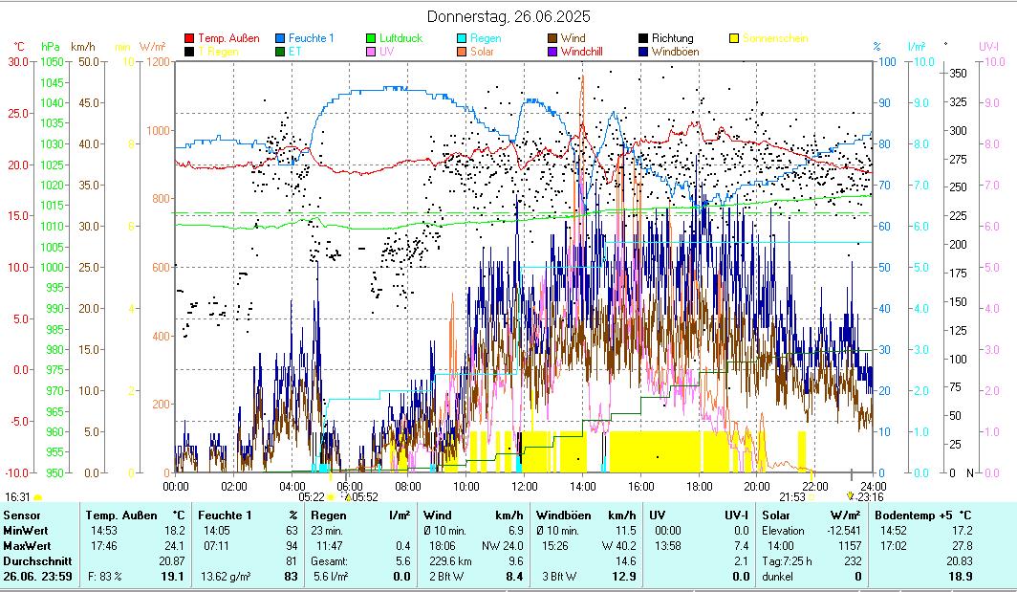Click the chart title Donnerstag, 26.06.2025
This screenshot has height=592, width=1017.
pyautogui.click(x=508, y=16)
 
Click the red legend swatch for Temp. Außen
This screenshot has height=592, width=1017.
pyautogui.click(x=189, y=38)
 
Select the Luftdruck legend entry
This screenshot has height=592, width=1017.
pyautogui.click(x=400, y=38)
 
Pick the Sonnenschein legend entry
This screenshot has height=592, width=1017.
pyautogui.click(x=775, y=38)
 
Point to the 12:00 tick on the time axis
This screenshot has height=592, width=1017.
pyautogui.click(x=524, y=485)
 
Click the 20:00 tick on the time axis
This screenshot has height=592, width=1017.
pyautogui.click(x=756, y=485)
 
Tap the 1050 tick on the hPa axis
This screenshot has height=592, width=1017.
pyautogui.click(x=52, y=61)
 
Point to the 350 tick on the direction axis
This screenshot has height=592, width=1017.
pyautogui.click(x=958, y=73)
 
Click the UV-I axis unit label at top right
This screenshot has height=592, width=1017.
pyautogui.click(x=988, y=46)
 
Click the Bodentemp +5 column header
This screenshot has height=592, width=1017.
pyautogui.click(x=923, y=515)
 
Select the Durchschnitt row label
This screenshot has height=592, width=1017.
pyautogui.click(x=31, y=561)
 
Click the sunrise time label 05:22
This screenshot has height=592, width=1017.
pyautogui.click(x=312, y=496)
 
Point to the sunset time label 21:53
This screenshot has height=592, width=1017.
pyautogui.click(x=791, y=496)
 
